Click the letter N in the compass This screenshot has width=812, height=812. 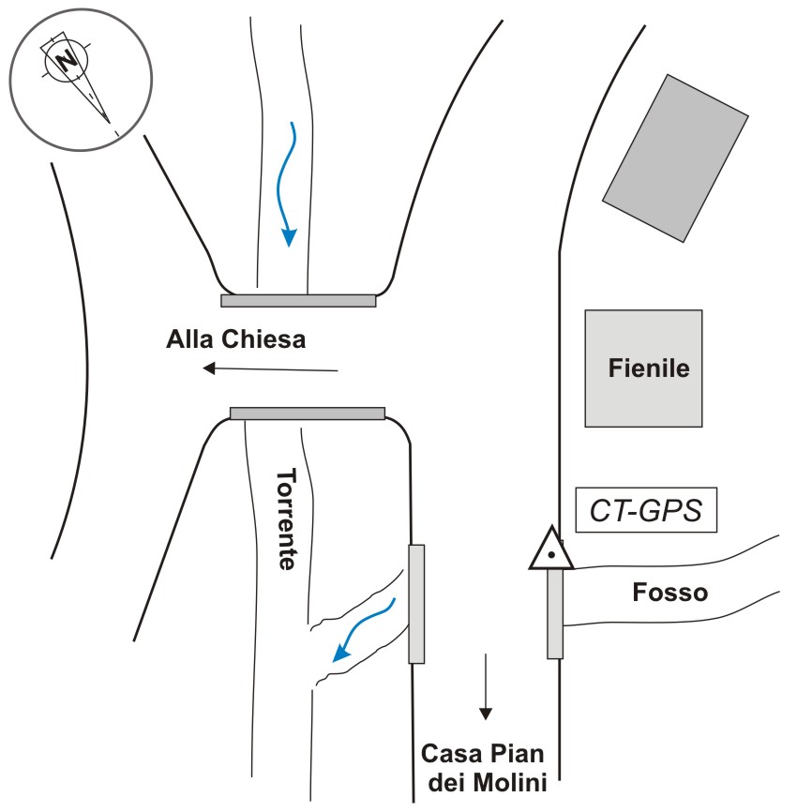click(x=67, y=61)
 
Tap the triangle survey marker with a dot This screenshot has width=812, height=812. click(x=551, y=550)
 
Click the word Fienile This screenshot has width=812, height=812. click(x=648, y=368)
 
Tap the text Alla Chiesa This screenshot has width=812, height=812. click(x=236, y=340)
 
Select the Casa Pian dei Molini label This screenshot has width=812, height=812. click(x=483, y=766)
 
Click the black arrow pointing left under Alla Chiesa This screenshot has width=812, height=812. click(x=270, y=368)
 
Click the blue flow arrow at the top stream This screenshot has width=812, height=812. click(x=286, y=184)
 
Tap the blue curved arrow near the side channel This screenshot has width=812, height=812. click(x=361, y=633)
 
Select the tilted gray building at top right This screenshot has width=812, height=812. click(x=675, y=157)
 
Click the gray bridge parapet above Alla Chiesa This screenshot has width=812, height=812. click(x=298, y=301)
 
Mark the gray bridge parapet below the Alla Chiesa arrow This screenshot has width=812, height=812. click(x=308, y=413)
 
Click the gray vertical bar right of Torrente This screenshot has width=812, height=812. click(x=416, y=603)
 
